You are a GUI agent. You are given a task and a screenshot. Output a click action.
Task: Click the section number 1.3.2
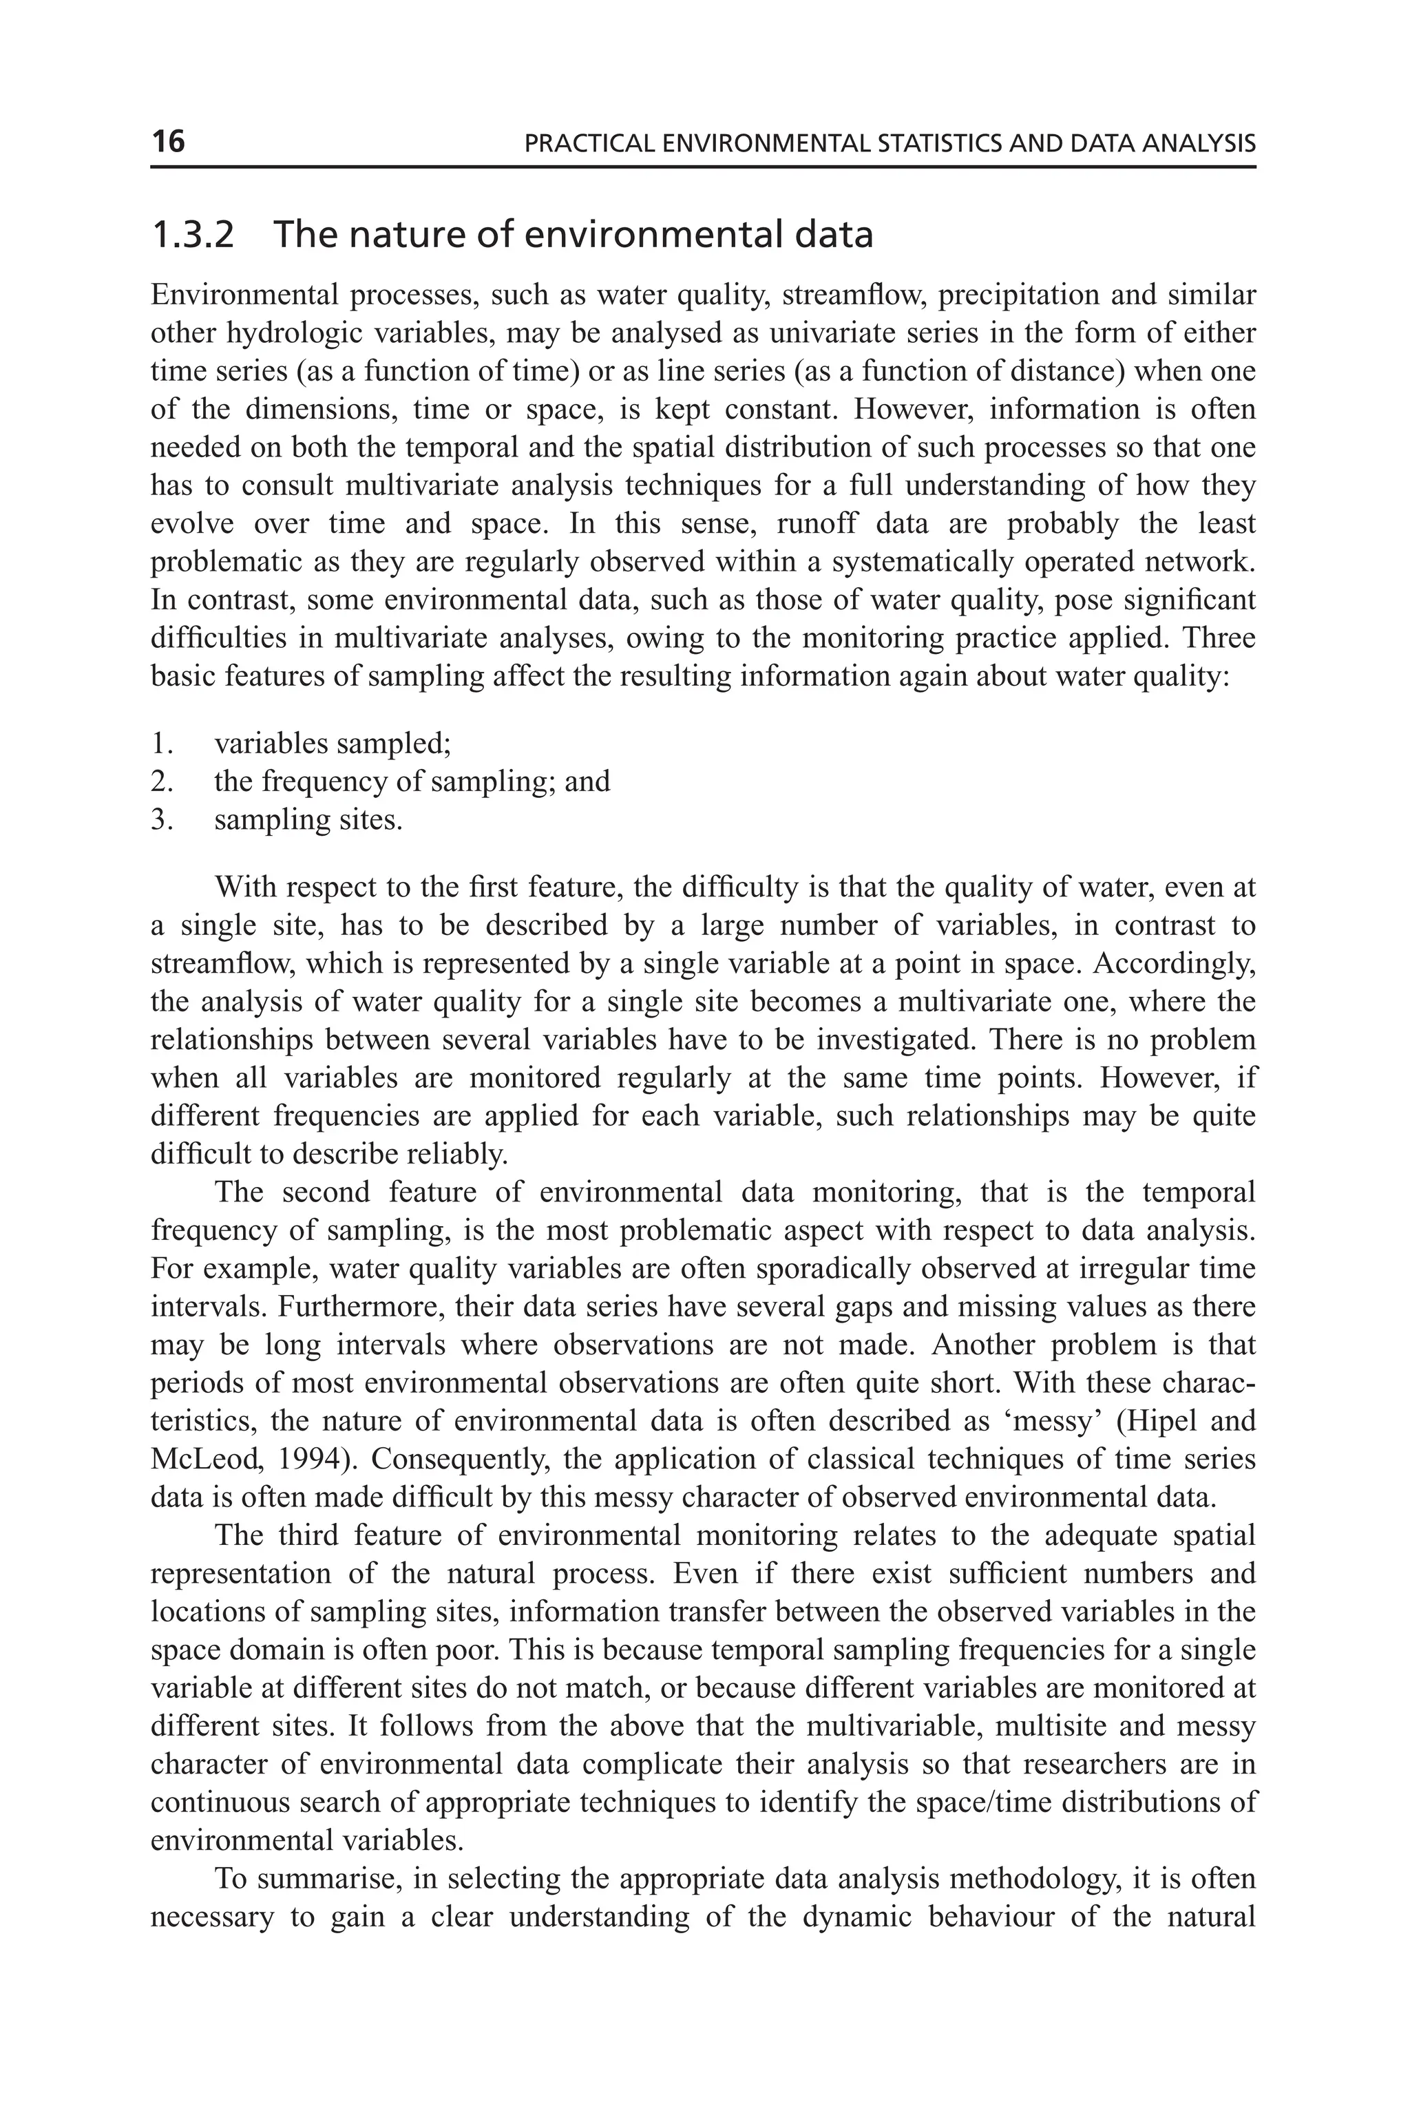193,235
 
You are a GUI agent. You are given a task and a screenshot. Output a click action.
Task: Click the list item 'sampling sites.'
308,820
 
